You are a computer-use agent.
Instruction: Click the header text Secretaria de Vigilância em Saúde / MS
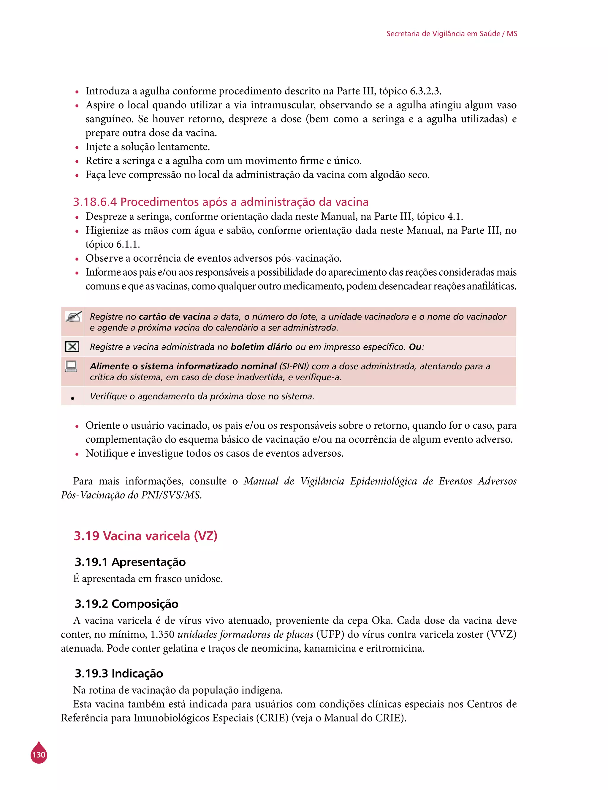tap(452, 34)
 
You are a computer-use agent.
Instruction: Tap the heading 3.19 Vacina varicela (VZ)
tap(145, 535)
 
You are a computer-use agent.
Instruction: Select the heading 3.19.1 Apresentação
tap(130, 562)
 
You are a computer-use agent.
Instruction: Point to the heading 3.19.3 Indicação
tap(119, 673)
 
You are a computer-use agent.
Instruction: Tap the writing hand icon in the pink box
tap(73, 317)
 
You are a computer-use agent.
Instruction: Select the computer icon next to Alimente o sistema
tap(71, 366)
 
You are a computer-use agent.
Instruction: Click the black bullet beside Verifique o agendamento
tap(73, 398)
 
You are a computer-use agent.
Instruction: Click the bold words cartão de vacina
tap(175, 317)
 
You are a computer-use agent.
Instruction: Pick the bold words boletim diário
tap(261, 347)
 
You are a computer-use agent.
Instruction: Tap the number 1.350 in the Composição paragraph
tap(162, 635)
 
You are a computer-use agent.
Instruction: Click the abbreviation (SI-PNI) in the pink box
tap(294, 366)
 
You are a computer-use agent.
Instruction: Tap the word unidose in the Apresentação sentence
tap(203, 578)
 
